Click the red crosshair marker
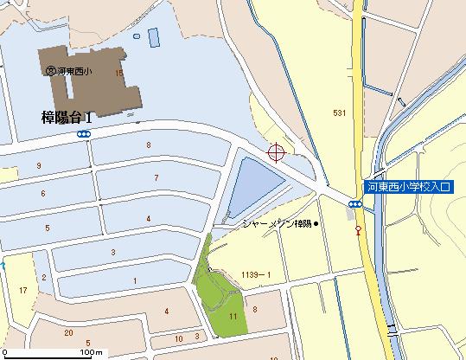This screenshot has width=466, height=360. (277, 153)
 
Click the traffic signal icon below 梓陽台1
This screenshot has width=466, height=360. (84, 134)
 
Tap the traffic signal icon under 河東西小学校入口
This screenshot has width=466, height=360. (355, 204)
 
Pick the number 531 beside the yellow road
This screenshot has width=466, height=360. (339, 113)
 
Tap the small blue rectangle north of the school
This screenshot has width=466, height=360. (154, 37)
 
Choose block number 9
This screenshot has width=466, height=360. (39, 164)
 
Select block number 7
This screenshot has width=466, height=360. (156, 177)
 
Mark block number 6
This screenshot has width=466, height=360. (42, 193)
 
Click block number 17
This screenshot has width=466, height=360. (22, 291)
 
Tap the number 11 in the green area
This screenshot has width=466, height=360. (233, 317)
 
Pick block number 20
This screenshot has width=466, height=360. (67, 332)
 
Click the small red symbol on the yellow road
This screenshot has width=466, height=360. (357, 229)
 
